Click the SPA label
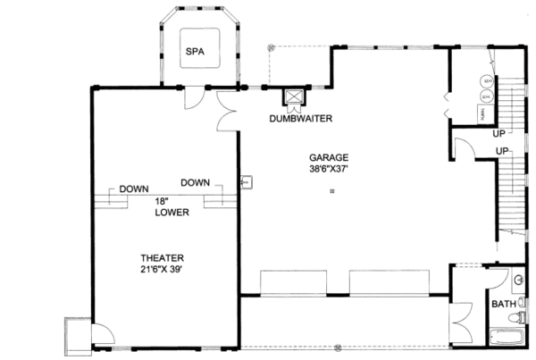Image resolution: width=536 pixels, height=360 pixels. [x=195, y=52]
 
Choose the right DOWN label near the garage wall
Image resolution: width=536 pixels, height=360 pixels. [x=195, y=182]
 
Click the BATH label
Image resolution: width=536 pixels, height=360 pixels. [x=503, y=304]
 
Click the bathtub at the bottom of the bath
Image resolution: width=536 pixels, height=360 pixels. [x=508, y=338]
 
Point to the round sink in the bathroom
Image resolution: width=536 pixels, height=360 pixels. [x=518, y=280]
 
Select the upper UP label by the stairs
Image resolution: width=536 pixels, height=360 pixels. [x=499, y=134]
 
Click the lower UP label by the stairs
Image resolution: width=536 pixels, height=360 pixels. [x=503, y=150]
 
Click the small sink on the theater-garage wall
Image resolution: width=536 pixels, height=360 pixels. [x=246, y=182]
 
